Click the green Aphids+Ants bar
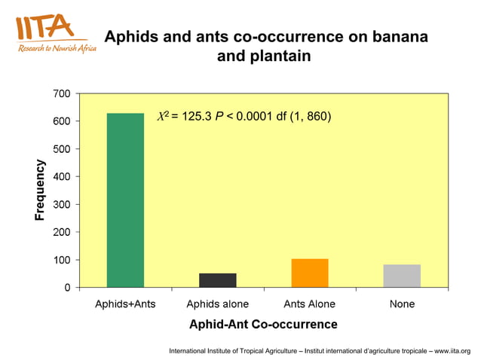pos(125,200)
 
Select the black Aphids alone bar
pos(217,280)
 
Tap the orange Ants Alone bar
pos(310,273)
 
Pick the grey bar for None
pos(402,276)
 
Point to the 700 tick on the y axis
pos(62,93)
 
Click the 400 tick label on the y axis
pos(62,176)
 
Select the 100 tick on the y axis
pos(62,260)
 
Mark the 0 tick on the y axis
pos(66,288)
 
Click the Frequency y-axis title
pos(40,191)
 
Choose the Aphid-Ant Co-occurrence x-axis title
pos(263,325)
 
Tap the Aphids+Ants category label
pos(125,304)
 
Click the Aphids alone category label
pos(217,304)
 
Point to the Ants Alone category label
pos(310,304)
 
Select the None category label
pos(402,304)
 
